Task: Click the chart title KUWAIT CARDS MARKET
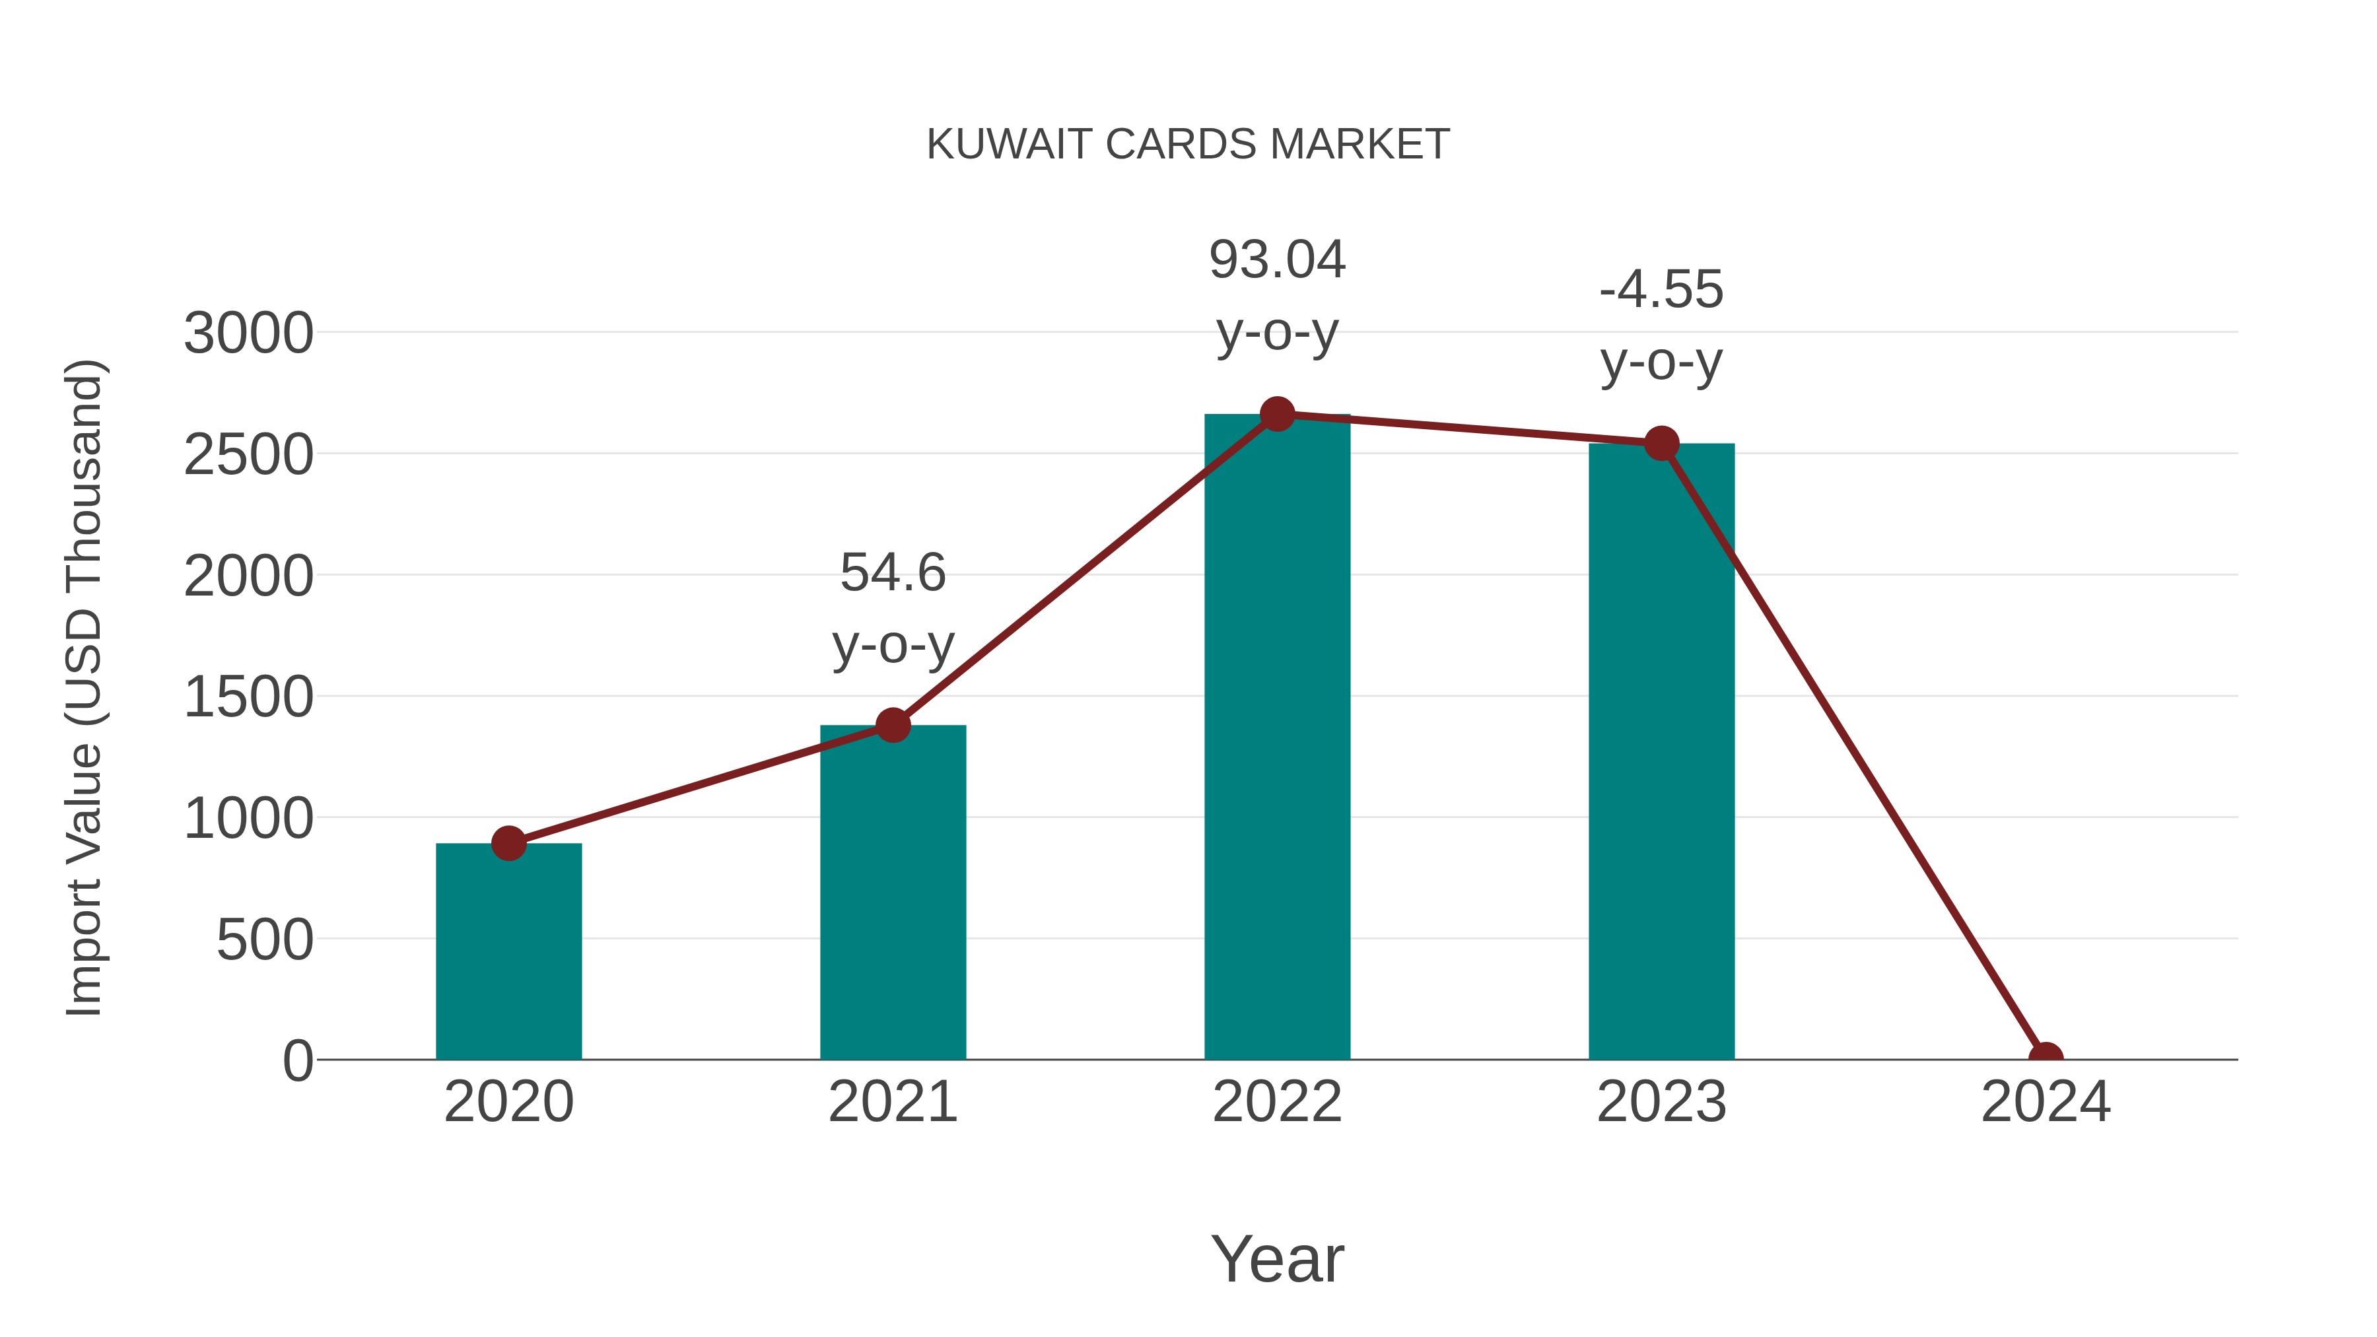click(1188, 145)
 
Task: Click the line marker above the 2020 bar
click(508, 842)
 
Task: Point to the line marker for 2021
click(892, 725)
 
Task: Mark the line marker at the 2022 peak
click(1277, 414)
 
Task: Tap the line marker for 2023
click(1661, 444)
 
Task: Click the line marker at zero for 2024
click(2046, 1058)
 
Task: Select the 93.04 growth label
click(1277, 260)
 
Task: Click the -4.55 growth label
click(1661, 290)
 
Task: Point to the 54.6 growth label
click(892, 573)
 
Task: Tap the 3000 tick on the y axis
click(248, 333)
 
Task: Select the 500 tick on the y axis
click(264, 940)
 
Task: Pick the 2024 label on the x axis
click(2046, 1102)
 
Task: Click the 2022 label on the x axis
click(1277, 1102)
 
